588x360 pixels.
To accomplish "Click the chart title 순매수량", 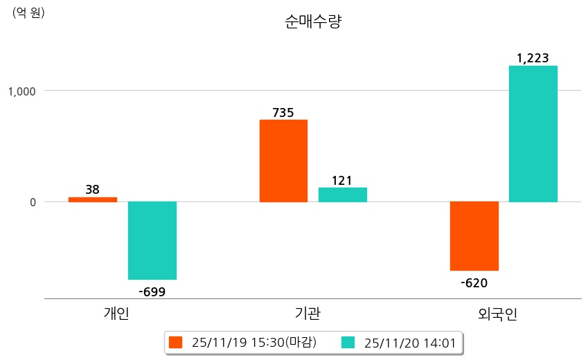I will [x=313, y=22].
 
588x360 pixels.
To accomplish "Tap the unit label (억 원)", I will [x=28, y=12].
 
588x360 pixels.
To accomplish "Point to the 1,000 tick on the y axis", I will [x=21, y=91].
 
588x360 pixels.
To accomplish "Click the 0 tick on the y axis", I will [x=30, y=202].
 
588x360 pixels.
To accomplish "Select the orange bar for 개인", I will [x=93, y=199].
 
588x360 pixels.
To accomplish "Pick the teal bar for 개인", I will [x=152, y=240].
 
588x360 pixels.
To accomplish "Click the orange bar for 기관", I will [x=283, y=161].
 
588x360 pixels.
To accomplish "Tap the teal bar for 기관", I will [x=343, y=195].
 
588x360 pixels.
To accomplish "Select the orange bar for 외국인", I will [x=474, y=236].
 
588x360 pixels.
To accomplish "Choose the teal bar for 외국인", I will [x=533, y=134].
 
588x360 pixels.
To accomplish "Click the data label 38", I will [x=93, y=189].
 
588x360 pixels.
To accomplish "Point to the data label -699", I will [x=152, y=291].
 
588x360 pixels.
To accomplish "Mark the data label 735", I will [x=283, y=112].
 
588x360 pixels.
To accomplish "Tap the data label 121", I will [x=342, y=181].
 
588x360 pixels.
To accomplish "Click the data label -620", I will [x=474, y=282].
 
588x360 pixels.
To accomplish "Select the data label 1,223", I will [x=533, y=58].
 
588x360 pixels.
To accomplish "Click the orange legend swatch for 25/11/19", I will [x=176, y=342].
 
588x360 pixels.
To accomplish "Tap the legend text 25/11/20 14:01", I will [x=409, y=342].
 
